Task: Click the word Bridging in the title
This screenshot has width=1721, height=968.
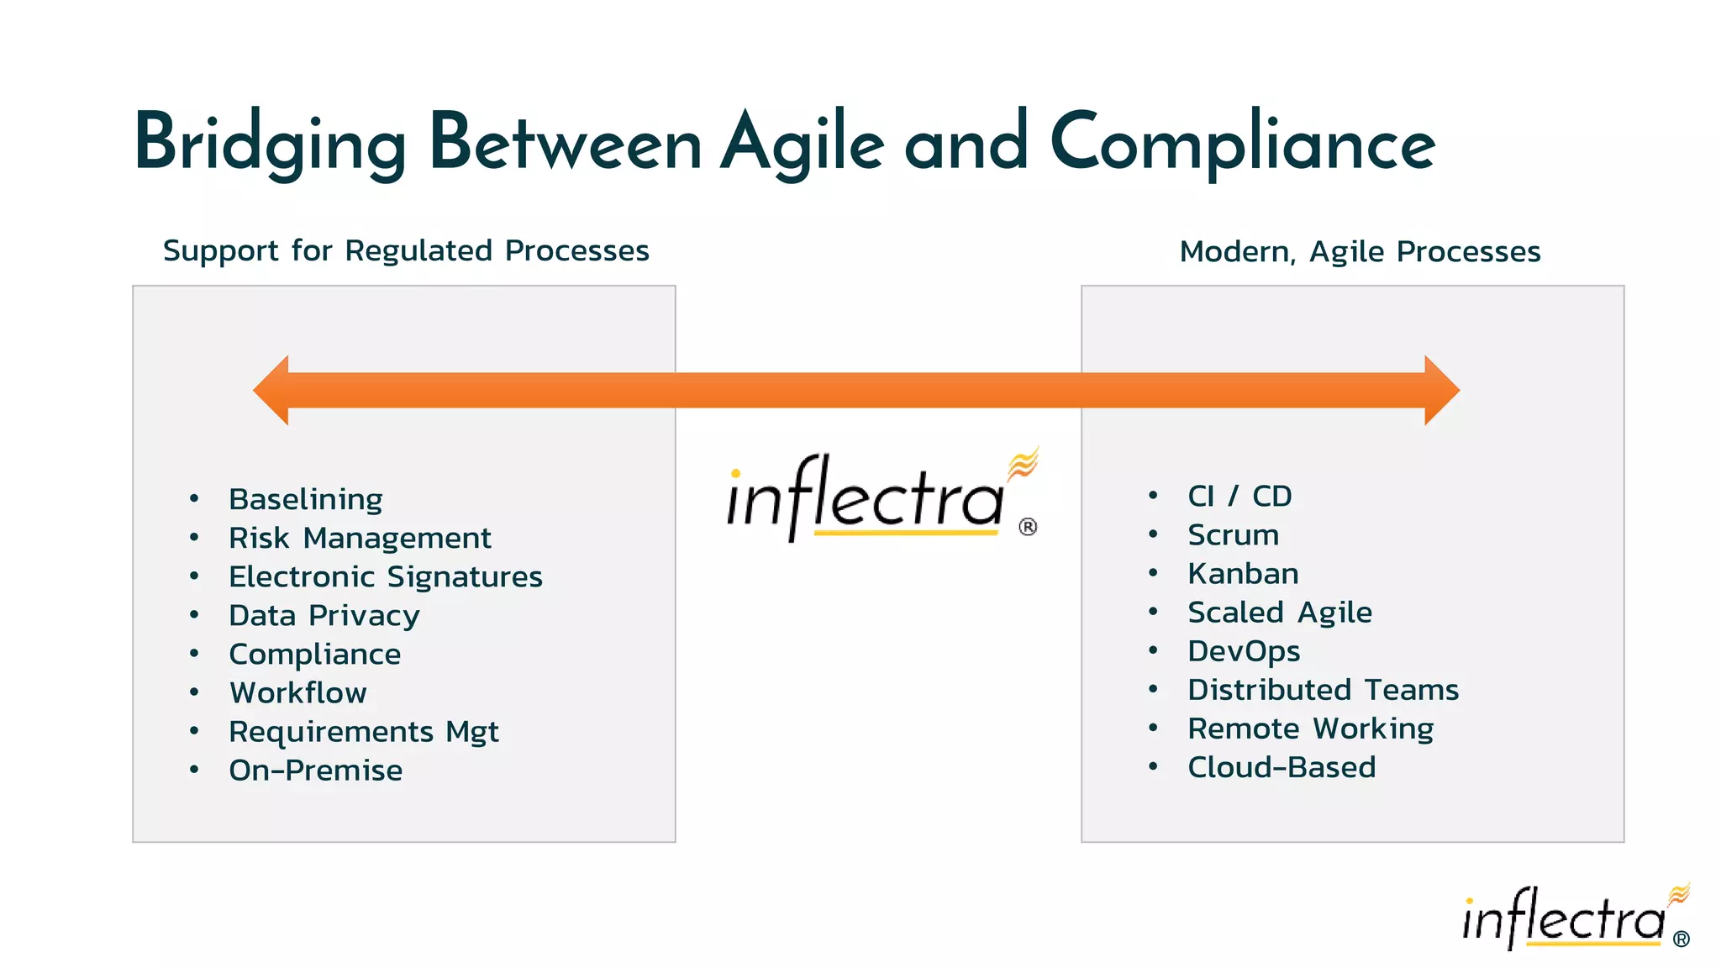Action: point(270,144)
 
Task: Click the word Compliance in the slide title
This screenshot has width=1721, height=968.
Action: point(1242,144)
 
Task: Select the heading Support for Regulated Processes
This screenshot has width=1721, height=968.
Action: point(406,250)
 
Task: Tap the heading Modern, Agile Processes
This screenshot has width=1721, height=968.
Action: point(1360,251)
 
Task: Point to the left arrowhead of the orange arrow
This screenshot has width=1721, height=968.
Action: point(272,390)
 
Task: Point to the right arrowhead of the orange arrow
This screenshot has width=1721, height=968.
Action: point(1441,390)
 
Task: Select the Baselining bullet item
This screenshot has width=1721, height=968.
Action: point(306,499)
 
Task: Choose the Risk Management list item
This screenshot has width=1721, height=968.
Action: point(360,538)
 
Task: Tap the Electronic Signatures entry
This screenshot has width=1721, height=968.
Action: point(386,576)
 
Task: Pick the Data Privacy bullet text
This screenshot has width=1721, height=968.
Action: point(324,615)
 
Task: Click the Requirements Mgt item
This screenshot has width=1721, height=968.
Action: point(364,731)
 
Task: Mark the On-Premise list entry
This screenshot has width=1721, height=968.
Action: point(316,770)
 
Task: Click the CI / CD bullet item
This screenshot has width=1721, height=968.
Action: point(1239,496)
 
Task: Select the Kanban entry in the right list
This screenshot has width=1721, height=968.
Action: point(1243,573)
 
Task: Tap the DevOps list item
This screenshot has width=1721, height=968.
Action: point(1244,651)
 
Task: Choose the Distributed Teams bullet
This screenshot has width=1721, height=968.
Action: point(1323,690)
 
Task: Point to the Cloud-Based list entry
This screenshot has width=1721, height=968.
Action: point(1282,767)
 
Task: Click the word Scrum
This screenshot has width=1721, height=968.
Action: point(1233,534)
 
